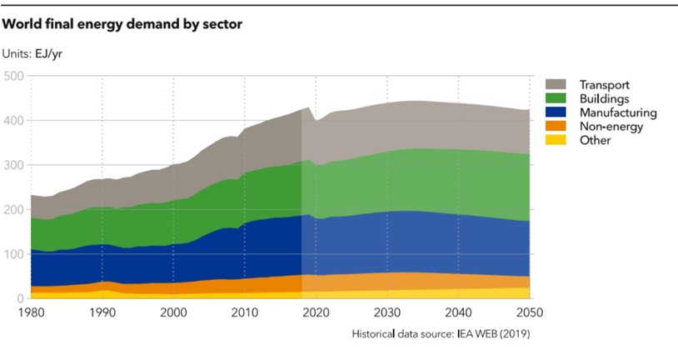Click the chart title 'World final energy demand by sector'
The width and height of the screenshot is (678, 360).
tap(122, 25)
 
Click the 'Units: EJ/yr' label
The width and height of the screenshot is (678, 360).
tap(37, 54)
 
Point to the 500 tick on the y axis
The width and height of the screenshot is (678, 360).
tap(12, 76)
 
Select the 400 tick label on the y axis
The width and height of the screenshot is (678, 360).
tap(12, 121)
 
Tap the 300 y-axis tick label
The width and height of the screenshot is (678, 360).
tap(12, 165)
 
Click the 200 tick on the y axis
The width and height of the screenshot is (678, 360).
tap(12, 210)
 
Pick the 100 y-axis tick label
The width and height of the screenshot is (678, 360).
tap(12, 254)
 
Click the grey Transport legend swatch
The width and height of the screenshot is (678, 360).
tap(556, 84)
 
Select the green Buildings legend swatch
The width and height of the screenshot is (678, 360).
tap(556, 98)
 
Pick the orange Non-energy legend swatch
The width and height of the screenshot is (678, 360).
tap(556, 126)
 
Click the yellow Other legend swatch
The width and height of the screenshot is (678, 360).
tap(556, 140)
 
